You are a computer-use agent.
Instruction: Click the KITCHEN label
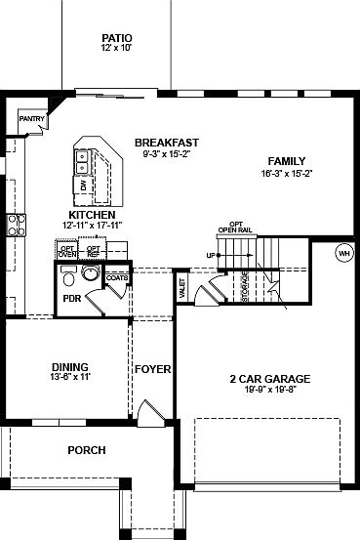point(92,215)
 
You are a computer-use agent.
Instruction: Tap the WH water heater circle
point(343,252)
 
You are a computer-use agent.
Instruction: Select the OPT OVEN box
point(68,251)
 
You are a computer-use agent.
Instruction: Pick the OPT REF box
point(94,251)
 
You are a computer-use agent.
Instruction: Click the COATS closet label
point(116,276)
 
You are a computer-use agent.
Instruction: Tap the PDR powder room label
point(70,299)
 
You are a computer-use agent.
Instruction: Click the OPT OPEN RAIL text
point(235,227)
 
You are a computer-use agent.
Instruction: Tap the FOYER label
point(153,370)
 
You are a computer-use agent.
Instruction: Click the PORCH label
point(86,450)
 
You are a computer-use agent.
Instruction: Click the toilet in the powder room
point(90,274)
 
